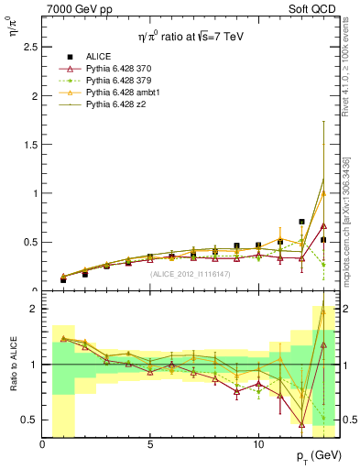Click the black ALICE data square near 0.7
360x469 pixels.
(301, 222)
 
